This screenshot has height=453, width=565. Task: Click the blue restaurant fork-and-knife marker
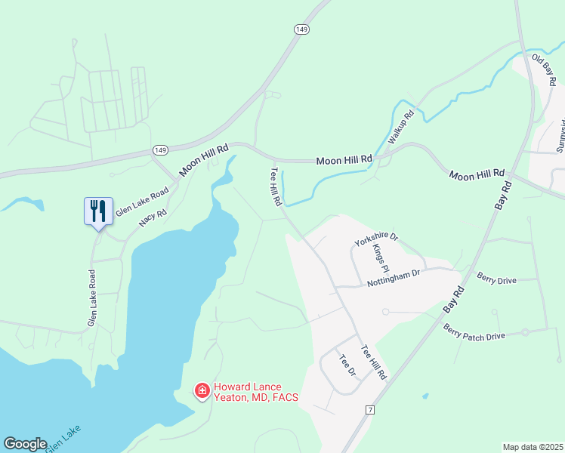(x=98, y=211)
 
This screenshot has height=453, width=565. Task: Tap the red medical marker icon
(x=202, y=390)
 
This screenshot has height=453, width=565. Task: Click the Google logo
(x=25, y=444)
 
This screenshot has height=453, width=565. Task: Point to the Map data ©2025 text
(x=532, y=447)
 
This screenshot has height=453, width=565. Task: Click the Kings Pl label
(x=381, y=259)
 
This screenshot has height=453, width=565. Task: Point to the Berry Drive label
(x=496, y=279)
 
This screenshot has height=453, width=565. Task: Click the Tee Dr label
(x=347, y=366)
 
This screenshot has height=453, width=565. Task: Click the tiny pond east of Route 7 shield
(x=425, y=396)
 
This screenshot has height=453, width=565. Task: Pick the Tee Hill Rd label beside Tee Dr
(x=374, y=362)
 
